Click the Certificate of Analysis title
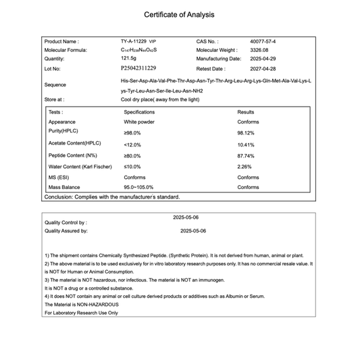[180, 14]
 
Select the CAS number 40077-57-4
[262, 41]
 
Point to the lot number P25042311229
[138, 68]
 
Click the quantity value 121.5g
[130, 59]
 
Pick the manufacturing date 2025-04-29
[263, 59]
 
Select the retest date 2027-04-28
[263, 68]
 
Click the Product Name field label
[61, 41]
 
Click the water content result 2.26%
[245, 166]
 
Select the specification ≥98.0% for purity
[133, 133]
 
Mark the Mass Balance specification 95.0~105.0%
[138, 187]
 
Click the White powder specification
[138, 122]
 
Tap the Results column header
[246, 112]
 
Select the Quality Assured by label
[66, 231]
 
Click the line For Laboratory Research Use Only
[81, 313]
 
